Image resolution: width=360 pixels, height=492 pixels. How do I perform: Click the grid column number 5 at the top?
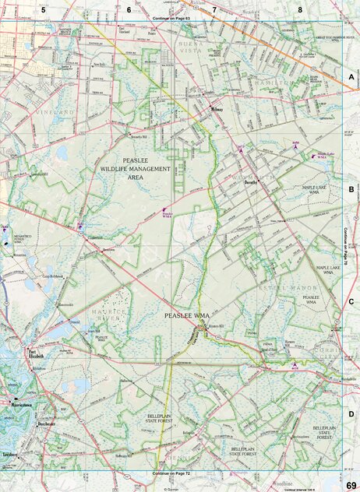tap(44, 9)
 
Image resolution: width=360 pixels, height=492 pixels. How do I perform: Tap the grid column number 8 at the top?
tap(300, 10)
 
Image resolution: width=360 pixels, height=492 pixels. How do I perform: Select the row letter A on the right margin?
tap(351, 78)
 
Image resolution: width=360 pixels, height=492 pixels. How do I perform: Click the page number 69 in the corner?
tap(351, 486)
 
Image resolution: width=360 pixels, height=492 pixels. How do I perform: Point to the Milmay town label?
tap(217, 109)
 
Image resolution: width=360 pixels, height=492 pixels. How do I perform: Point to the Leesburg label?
tap(11, 452)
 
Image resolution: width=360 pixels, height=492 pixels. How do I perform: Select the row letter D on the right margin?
tap(351, 414)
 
